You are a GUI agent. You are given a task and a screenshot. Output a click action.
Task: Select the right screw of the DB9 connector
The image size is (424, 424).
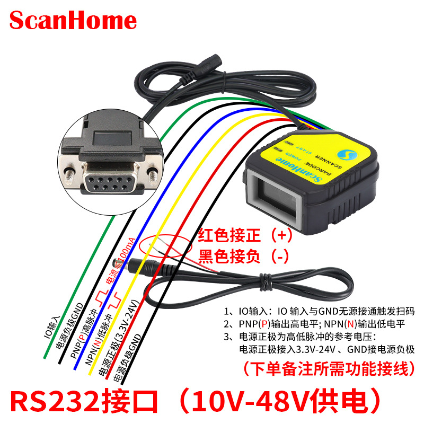pyautogui.click(x=152, y=173)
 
